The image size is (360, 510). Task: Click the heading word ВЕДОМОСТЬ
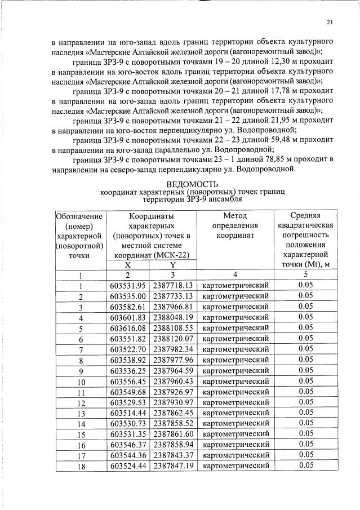tap(192, 184)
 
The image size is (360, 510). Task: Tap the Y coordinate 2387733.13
tap(173, 296)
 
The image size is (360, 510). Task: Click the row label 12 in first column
tap(81, 402)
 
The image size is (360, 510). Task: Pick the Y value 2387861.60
tap(173, 433)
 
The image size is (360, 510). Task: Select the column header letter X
tap(128, 265)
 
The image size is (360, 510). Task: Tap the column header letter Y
tap(173, 265)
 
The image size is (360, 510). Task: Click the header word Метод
tap(235, 216)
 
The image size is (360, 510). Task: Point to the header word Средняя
tap(305, 216)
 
